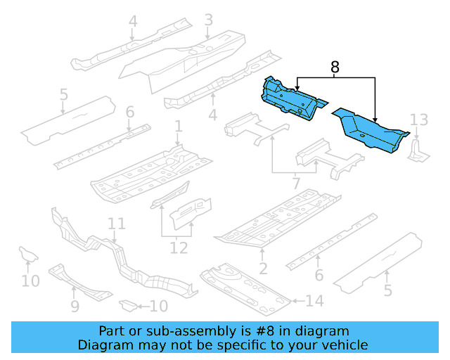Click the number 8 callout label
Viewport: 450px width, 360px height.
click(x=335, y=67)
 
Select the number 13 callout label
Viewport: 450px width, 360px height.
click(x=418, y=119)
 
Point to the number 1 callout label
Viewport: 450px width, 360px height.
click(x=179, y=127)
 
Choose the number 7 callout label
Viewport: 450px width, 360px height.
click(x=296, y=183)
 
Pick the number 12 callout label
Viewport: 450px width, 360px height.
click(x=179, y=247)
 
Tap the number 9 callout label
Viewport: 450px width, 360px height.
click(x=75, y=306)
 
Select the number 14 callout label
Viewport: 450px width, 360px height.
click(x=314, y=302)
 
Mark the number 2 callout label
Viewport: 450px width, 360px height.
click(x=263, y=269)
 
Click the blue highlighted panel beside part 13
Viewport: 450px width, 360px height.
click(x=369, y=130)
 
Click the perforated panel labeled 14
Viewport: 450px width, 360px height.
click(x=246, y=288)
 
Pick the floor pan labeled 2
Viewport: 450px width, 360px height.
click(x=278, y=221)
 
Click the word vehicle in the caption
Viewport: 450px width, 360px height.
click(x=343, y=345)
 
